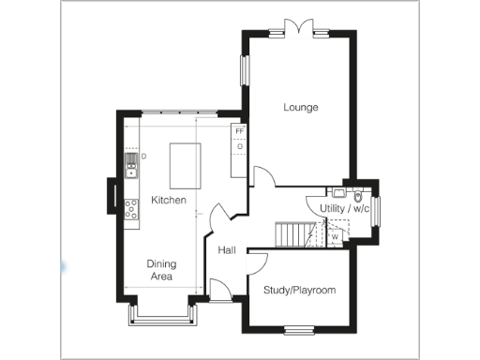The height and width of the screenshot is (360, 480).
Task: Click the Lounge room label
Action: click(301, 108)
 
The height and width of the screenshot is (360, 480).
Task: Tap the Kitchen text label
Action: click(169, 201)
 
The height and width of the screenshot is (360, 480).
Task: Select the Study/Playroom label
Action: click(299, 291)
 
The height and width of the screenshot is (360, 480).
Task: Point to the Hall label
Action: click(226, 251)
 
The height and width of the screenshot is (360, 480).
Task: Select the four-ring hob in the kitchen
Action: click(131, 208)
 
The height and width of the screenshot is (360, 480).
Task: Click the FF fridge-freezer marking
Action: click(239, 131)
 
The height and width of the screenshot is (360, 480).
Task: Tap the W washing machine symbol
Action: click(334, 237)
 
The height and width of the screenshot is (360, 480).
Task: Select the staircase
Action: click(296, 233)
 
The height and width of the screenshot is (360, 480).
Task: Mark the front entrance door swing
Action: click(217, 289)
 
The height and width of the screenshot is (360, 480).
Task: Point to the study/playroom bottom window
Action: click(299, 329)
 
